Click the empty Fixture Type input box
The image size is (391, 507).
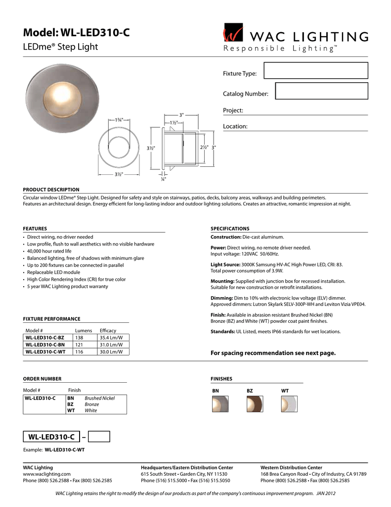tap(316, 71)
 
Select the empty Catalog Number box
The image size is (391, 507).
tap(321, 91)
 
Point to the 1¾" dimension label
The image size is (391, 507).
tap(119, 120)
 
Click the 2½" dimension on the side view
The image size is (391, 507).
tap(204, 148)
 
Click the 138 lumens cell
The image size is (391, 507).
tap(79, 337)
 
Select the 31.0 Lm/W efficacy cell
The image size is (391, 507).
tap(107, 345)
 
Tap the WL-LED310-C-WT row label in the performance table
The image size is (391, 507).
tap(45, 352)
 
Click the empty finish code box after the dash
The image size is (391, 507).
tap(100, 436)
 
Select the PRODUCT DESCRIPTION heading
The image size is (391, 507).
tap(51, 190)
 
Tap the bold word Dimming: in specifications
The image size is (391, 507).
tap(222, 298)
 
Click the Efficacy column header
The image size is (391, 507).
tap(107, 330)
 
